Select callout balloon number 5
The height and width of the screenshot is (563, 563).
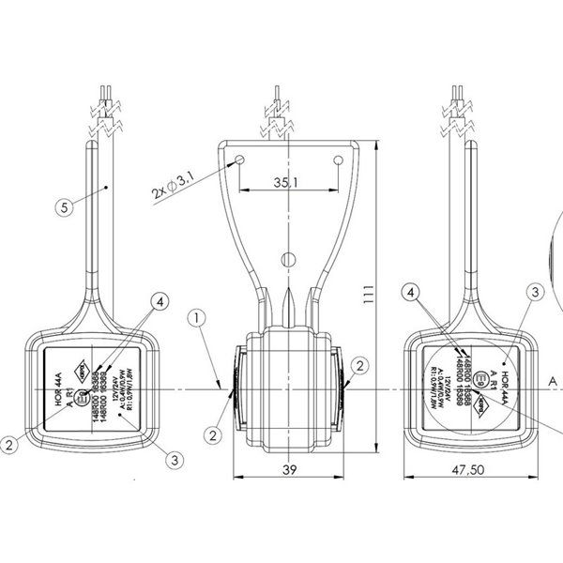(62, 207)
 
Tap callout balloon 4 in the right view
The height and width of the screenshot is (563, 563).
(414, 293)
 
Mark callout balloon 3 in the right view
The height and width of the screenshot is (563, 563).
(533, 293)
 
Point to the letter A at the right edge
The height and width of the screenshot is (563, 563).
(553, 380)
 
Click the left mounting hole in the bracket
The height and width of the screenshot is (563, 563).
(240, 160)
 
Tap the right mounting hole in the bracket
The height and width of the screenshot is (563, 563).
(337, 160)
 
